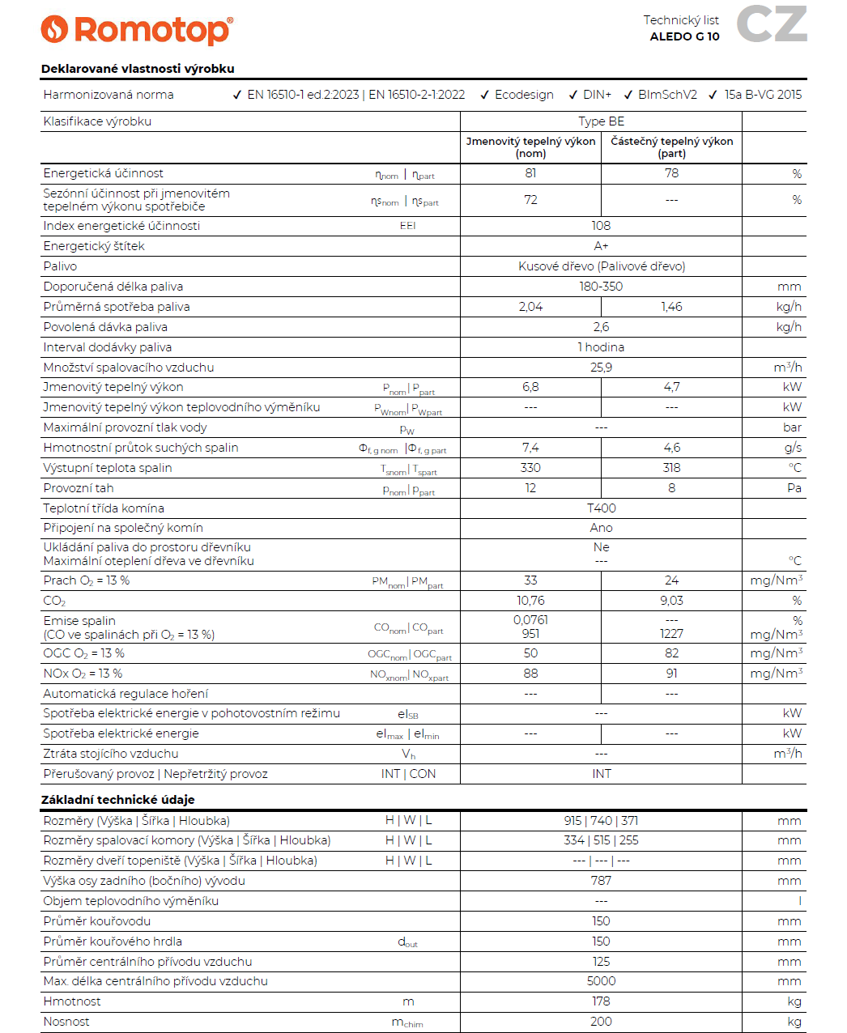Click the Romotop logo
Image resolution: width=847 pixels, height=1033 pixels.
(137, 30)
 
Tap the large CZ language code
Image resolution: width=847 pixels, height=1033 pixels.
(771, 24)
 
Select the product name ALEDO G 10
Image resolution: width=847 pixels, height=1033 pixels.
(684, 36)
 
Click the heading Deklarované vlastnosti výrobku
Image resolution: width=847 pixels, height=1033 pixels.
(138, 69)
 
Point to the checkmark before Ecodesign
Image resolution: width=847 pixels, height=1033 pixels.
(484, 96)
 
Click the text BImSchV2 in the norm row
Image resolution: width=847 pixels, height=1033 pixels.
(667, 95)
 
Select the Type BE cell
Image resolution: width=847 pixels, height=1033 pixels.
(601, 121)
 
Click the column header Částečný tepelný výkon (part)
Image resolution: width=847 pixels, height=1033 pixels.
(671, 147)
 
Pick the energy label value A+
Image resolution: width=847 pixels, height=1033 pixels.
(601, 246)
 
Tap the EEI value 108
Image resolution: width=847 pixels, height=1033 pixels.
(601, 226)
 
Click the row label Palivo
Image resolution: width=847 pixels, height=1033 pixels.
(60, 266)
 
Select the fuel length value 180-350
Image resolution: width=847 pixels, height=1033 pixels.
(601, 287)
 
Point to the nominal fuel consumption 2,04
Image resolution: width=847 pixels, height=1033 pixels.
(530, 307)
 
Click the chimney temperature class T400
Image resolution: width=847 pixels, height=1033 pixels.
(601, 508)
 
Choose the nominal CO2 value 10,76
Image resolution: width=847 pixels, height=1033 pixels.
(530, 601)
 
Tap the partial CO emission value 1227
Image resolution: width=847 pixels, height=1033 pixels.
(671, 634)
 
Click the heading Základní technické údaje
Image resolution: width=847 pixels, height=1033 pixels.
(118, 800)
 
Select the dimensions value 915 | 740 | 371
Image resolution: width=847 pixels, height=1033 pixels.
(601, 821)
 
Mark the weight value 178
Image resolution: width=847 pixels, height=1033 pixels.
(601, 1001)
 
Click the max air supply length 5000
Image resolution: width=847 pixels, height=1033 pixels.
(601, 981)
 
